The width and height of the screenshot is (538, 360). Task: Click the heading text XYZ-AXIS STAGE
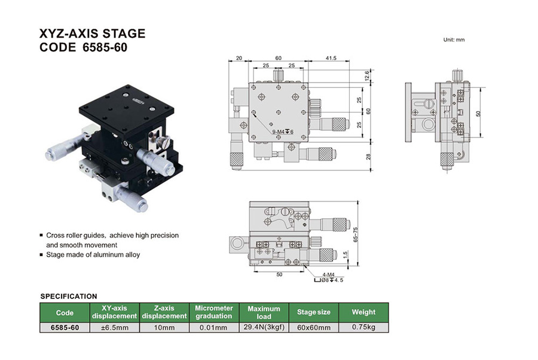click(92, 34)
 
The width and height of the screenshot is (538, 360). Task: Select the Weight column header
click(363, 312)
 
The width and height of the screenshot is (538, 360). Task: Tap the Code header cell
click(65, 312)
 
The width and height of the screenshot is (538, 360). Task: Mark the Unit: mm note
click(454, 40)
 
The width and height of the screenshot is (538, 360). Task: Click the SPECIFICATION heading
click(68, 296)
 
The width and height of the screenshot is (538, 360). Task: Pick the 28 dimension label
click(368, 156)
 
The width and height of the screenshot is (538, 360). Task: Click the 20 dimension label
click(239, 58)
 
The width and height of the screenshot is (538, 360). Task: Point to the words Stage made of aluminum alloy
click(93, 255)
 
